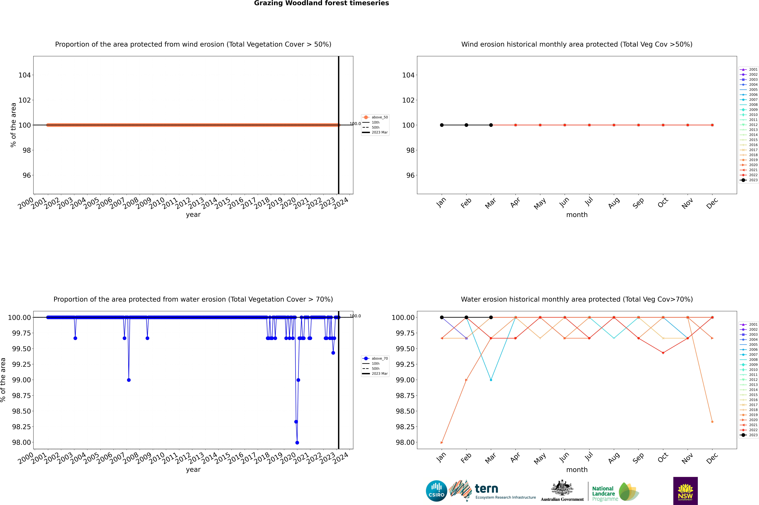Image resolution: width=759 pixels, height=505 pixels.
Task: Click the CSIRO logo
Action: point(436,491)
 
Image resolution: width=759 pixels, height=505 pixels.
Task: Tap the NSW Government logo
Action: point(685,491)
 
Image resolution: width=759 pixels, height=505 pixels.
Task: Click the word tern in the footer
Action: point(486,489)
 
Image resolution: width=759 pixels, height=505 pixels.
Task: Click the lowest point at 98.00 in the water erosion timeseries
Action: point(297,442)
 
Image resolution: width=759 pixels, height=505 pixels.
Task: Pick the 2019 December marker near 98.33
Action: point(712,422)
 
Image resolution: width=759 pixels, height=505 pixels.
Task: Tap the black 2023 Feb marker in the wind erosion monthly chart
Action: point(466,125)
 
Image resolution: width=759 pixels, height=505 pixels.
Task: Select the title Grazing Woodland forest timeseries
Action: point(321,3)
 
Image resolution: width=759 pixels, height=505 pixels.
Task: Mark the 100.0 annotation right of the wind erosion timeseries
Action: point(355,124)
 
